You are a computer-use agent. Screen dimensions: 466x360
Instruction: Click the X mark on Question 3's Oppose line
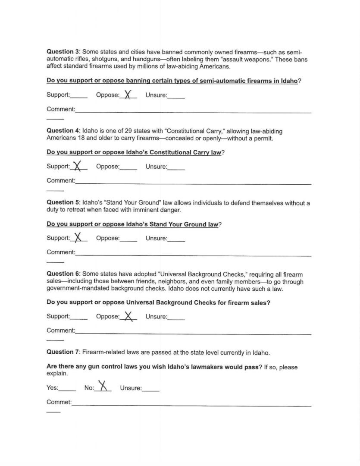(x=127, y=94)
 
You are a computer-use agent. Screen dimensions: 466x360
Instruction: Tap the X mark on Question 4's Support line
(x=78, y=166)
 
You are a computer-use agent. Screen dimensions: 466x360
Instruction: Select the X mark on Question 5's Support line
(x=78, y=237)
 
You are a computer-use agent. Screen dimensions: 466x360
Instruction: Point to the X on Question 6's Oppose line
(x=127, y=316)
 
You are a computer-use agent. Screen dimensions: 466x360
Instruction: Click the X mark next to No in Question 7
(x=102, y=385)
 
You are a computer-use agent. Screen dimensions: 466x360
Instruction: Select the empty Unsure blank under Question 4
(x=176, y=167)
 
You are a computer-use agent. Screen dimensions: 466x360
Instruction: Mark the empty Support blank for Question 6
(x=78, y=318)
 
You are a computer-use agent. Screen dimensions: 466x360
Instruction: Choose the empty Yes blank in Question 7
(x=67, y=389)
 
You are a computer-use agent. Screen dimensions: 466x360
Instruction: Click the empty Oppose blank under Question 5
(x=128, y=239)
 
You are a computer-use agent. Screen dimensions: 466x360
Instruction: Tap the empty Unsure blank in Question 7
(x=150, y=389)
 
